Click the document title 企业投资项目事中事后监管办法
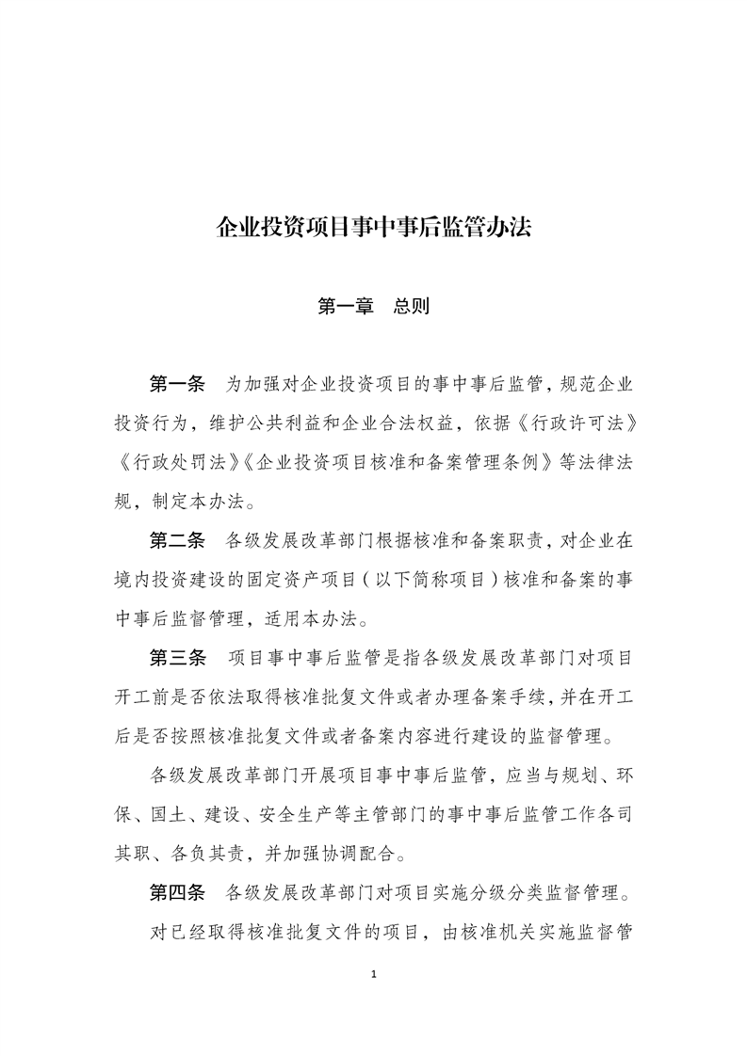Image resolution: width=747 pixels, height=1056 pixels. [374, 228]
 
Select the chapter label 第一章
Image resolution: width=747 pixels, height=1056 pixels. [346, 306]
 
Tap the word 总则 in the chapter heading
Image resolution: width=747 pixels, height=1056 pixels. [412, 306]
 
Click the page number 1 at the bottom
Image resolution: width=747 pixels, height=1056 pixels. [374, 973]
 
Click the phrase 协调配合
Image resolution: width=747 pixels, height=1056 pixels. [359, 854]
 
